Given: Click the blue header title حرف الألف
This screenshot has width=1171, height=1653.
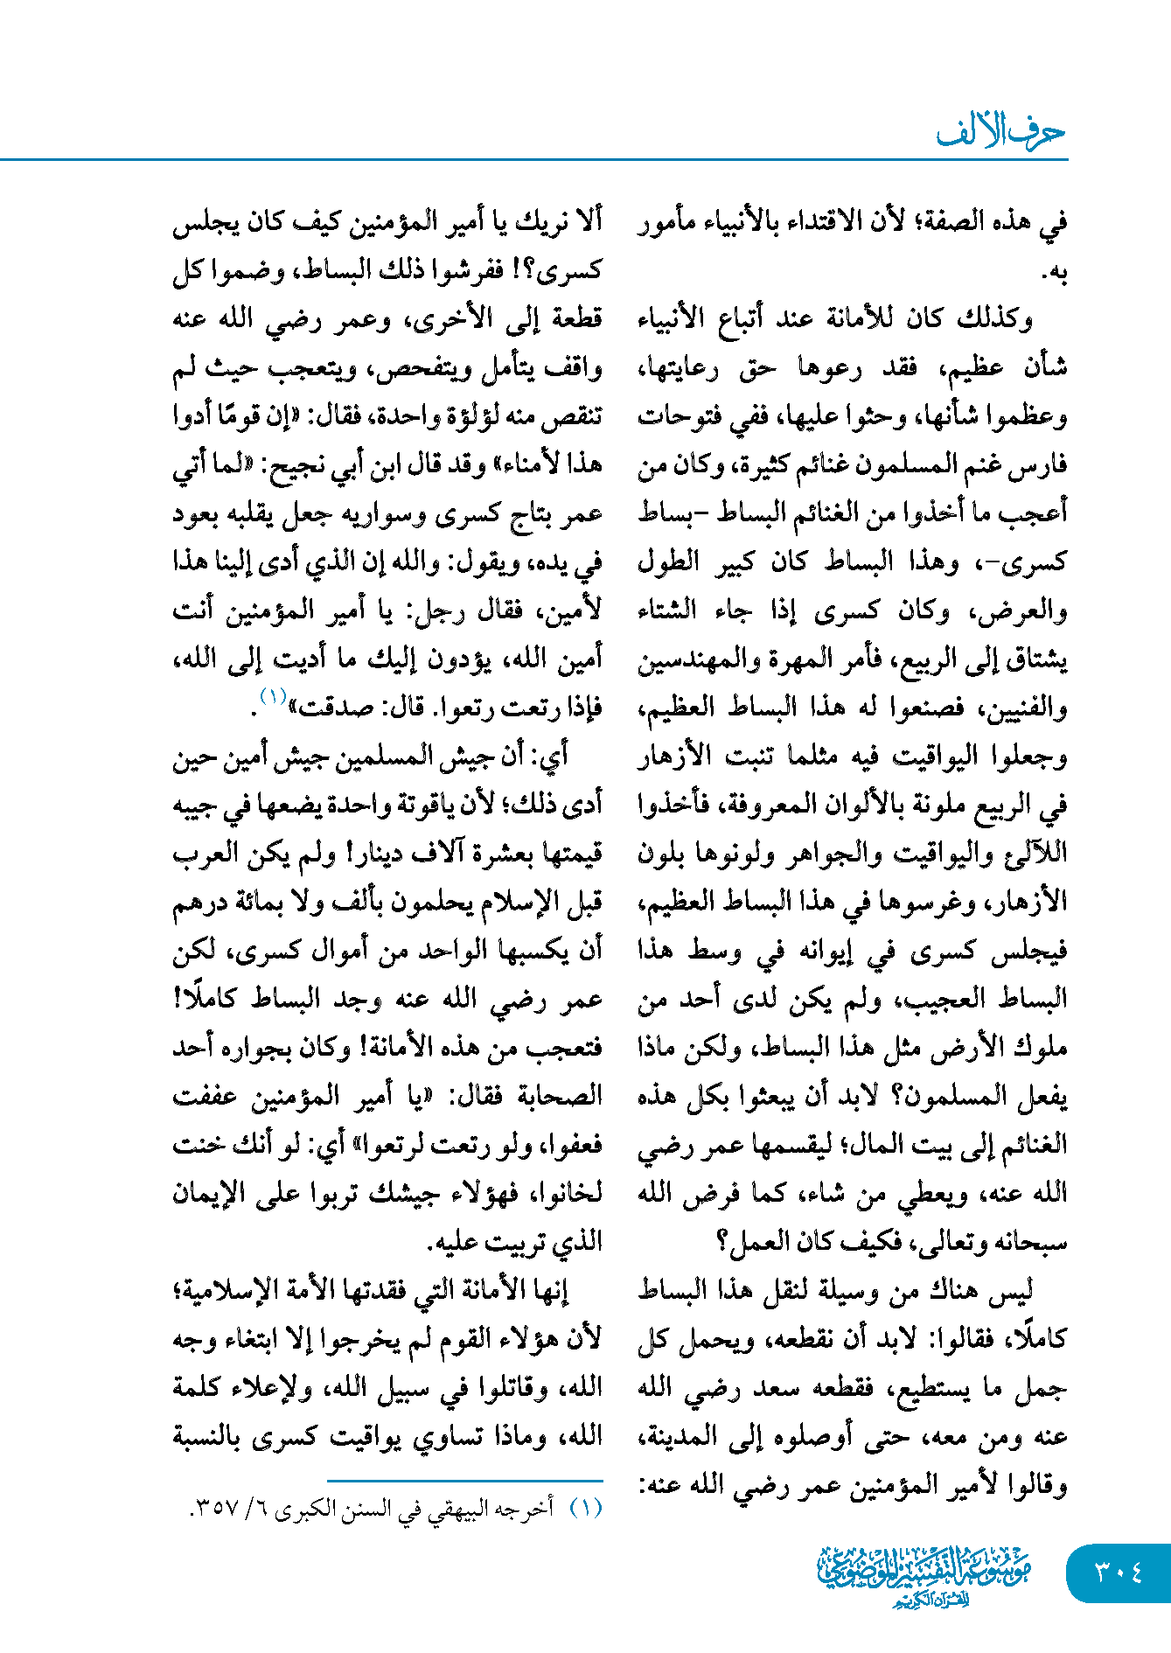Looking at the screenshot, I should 1000,132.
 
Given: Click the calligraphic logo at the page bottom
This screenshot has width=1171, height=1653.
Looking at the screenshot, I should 924,1575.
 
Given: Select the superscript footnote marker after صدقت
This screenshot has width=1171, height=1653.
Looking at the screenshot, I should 273,696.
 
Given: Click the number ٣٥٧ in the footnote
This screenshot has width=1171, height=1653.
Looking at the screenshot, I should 215,1510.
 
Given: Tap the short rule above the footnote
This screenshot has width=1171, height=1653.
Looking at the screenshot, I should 464,1481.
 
